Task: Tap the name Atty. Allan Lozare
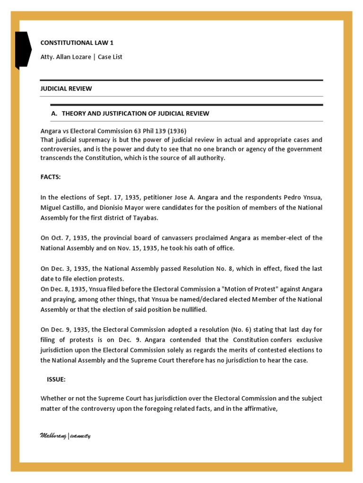(65, 57)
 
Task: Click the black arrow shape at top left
(23, 50)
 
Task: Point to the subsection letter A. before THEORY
(53, 114)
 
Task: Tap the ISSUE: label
(57, 379)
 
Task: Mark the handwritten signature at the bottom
(65, 435)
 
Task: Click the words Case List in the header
(111, 57)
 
